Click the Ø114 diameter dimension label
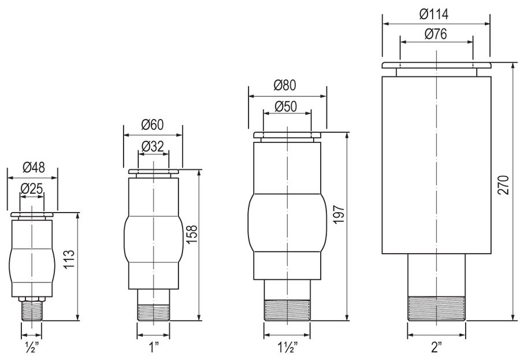[434, 14]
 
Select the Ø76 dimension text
[436, 34]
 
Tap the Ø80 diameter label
[285, 86]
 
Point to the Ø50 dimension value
[286, 107]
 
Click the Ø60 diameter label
[153, 125]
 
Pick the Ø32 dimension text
[153, 146]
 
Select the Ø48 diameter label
[34, 168]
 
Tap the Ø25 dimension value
[32, 189]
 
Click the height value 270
[503, 185]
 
